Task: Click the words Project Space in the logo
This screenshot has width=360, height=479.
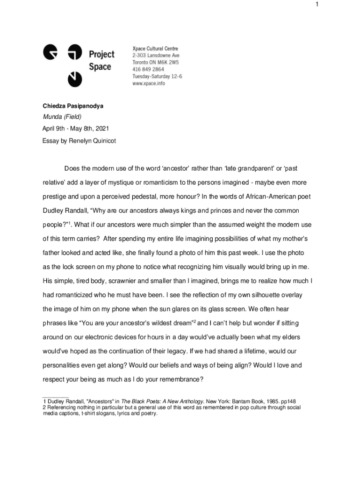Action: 101,61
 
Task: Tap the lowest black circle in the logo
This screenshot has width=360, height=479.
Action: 72,80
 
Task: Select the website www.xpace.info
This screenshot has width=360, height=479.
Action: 149,83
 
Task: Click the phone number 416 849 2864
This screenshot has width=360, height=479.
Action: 148,69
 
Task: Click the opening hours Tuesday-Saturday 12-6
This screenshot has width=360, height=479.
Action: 157,76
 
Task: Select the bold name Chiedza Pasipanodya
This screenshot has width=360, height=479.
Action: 73,106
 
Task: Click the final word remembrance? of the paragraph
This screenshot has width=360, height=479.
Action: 181,379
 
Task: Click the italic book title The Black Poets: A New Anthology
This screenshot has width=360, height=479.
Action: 163,401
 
